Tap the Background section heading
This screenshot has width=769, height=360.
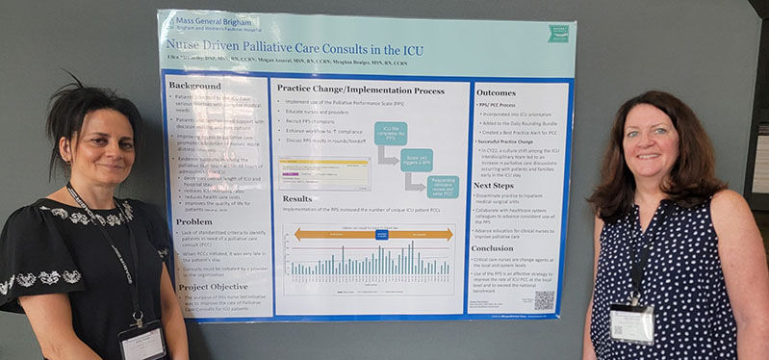[x=194, y=86]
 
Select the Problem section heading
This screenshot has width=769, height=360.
[x=194, y=221]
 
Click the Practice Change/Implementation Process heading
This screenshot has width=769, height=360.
[x=360, y=89]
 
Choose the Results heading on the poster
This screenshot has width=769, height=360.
[x=296, y=198]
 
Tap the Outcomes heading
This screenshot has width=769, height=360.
[x=496, y=92]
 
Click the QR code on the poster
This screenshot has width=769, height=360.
[x=545, y=299]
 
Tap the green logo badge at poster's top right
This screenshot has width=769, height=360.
[x=559, y=35]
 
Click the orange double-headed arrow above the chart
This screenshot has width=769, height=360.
[x=372, y=234]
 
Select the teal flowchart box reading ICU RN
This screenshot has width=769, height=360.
[x=391, y=133]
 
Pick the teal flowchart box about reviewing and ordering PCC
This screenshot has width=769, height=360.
[x=442, y=187]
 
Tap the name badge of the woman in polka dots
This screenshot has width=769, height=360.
[x=631, y=323]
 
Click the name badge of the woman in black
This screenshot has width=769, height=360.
[x=141, y=343]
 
